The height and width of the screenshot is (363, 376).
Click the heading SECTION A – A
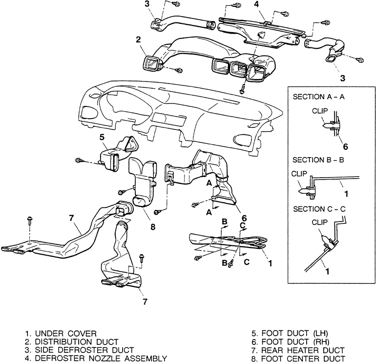pyautogui.click(x=318, y=97)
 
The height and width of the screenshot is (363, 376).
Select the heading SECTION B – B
pyautogui.click(x=318, y=160)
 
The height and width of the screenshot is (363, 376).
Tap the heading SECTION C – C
pyautogui.click(x=319, y=209)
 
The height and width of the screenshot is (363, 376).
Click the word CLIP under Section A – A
pyautogui.click(x=320, y=111)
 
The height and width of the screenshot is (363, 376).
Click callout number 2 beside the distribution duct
pyautogui.click(x=138, y=40)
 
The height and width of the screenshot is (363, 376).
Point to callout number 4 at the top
pyautogui.click(x=256, y=4)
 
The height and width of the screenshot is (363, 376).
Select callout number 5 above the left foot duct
pyautogui.click(x=102, y=137)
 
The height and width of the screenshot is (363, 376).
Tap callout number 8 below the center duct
pyautogui.click(x=153, y=227)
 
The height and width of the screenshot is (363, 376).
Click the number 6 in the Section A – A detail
pyautogui.click(x=345, y=147)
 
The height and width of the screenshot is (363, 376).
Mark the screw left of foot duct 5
pyautogui.click(x=79, y=160)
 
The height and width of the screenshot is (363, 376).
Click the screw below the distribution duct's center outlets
pyautogui.click(x=242, y=90)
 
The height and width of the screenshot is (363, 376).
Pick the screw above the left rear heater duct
pyautogui.click(x=30, y=221)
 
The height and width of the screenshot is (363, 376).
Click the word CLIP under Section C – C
pyautogui.click(x=320, y=222)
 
